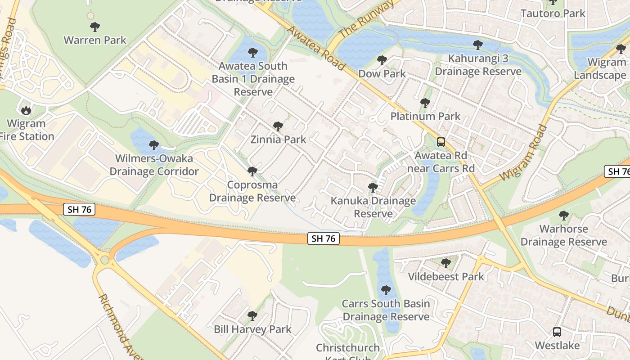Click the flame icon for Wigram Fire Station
click(26, 109)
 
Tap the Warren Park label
click(94, 40)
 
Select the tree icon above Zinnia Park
click(278, 126)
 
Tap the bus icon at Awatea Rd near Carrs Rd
click(441, 142)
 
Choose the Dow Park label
click(382, 73)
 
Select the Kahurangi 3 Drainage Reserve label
click(478, 65)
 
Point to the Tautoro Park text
click(553, 13)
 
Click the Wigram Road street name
click(523, 152)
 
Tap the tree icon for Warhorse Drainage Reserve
click(563, 216)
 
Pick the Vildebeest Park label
click(446, 276)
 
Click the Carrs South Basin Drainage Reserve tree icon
click(386, 290)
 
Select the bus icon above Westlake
click(557, 332)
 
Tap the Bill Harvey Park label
click(252, 329)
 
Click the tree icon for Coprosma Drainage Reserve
click(252, 171)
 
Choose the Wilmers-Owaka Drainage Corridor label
click(154, 165)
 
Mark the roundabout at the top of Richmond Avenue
click(105, 260)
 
